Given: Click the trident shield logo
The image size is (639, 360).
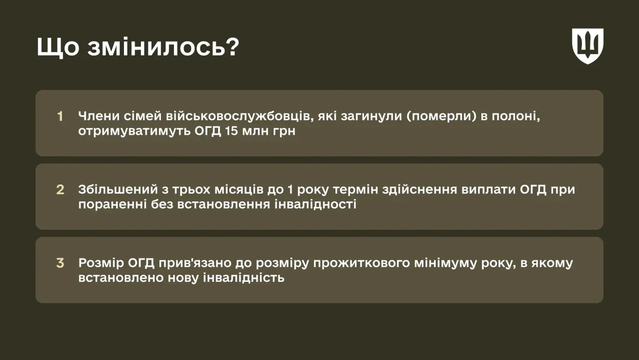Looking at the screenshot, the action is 588,46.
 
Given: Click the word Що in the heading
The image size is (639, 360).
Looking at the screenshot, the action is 58,47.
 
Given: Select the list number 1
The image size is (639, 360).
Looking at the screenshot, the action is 60,116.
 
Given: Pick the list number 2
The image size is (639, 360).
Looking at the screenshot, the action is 60,190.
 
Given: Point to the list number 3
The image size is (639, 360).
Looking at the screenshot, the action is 60,263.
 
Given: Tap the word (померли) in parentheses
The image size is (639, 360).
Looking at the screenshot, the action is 442,117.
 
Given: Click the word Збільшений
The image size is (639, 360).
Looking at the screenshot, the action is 118,189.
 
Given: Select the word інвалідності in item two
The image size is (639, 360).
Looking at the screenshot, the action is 315,204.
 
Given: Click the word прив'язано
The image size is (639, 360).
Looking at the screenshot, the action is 195,264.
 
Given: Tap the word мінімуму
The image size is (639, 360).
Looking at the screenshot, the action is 445,264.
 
